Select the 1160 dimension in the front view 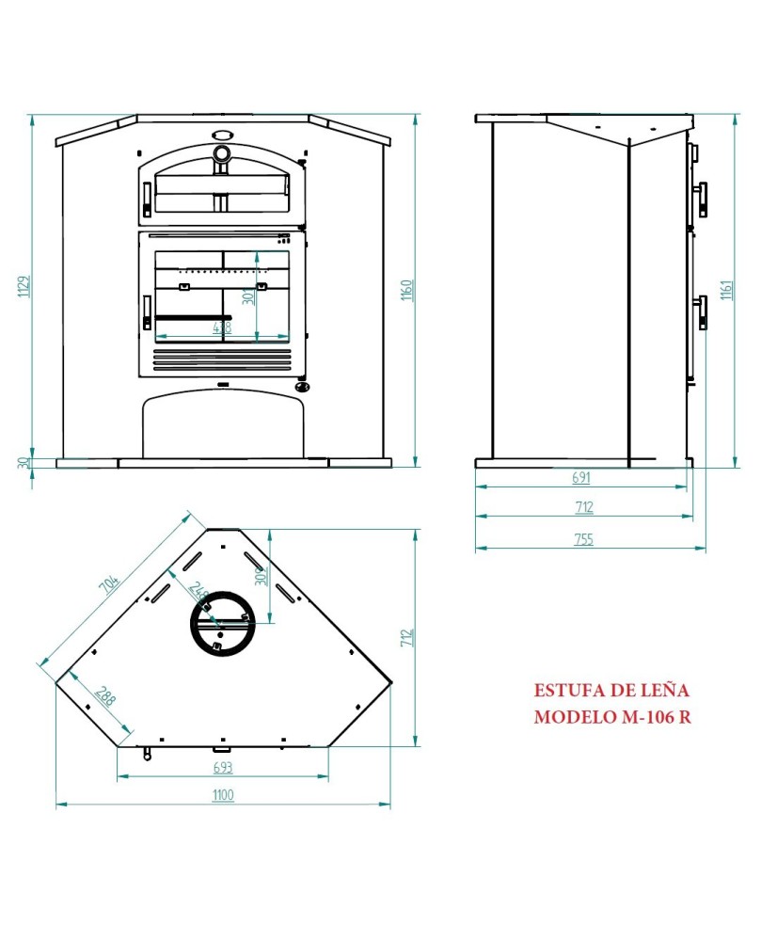[405, 290]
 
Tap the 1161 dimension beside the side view [727, 290]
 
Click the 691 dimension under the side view [583, 478]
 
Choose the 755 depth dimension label [583, 540]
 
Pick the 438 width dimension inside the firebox [222, 327]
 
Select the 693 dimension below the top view [222, 768]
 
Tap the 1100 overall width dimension [222, 796]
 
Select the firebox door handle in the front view [147, 311]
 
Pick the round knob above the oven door [222, 153]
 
